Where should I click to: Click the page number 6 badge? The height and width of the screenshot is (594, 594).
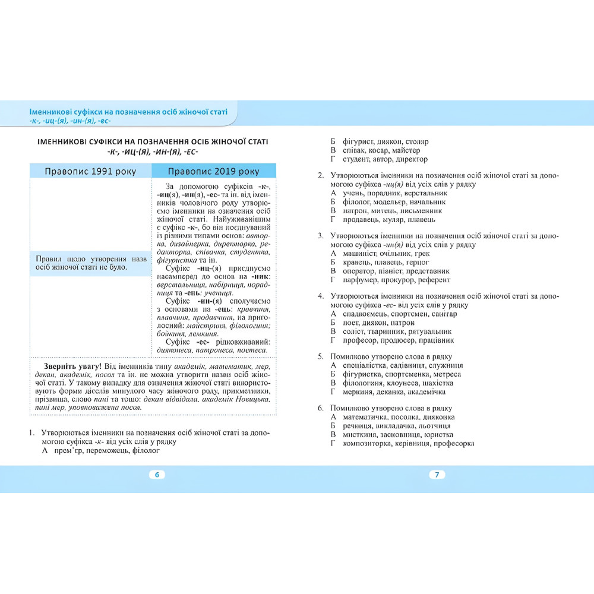tap(157, 475)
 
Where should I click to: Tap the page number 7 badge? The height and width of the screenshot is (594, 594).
tap(437, 475)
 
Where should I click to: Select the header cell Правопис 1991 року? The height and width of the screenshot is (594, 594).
tap(90, 171)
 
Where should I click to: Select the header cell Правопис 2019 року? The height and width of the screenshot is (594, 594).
tap(213, 171)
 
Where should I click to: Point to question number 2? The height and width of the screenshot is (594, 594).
tap(320, 176)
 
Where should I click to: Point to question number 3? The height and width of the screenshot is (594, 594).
tap(320, 236)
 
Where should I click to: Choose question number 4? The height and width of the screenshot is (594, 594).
tap(320, 296)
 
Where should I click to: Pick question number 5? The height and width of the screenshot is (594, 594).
tap(320, 356)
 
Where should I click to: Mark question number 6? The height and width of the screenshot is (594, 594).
tap(320, 409)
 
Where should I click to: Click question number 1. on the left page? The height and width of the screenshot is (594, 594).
tap(33, 433)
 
